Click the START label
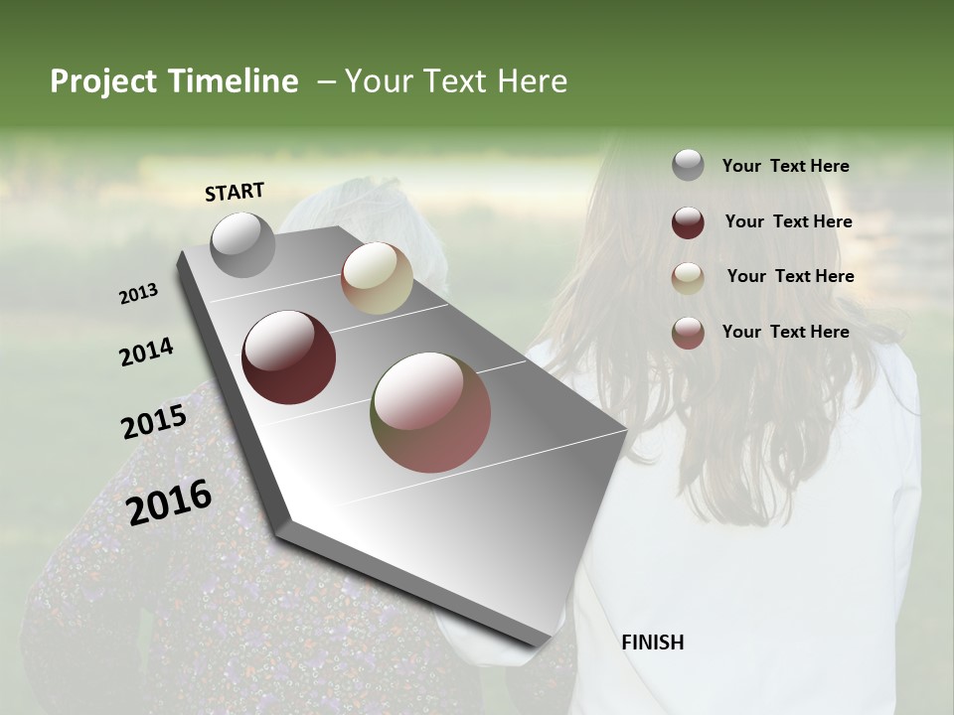[x=235, y=192]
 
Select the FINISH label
[x=652, y=643]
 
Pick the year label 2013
[x=139, y=294]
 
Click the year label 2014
[x=147, y=352]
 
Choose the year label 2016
[x=169, y=501]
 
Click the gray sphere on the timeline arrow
[x=243, y=244]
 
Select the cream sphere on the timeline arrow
[x=377, y=278]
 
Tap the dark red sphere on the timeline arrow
[x=289, y=357]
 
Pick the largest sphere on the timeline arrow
[x=430, y=412]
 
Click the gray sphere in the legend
[x=688, y=166]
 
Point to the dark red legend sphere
[x=688, y=222]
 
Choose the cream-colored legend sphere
[x=688, y=278]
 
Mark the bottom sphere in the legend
[x=688, y=333]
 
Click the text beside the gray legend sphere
[x=785, y=167]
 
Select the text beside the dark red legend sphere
[x=788, y=221]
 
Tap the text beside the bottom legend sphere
[x=785, y=332]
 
